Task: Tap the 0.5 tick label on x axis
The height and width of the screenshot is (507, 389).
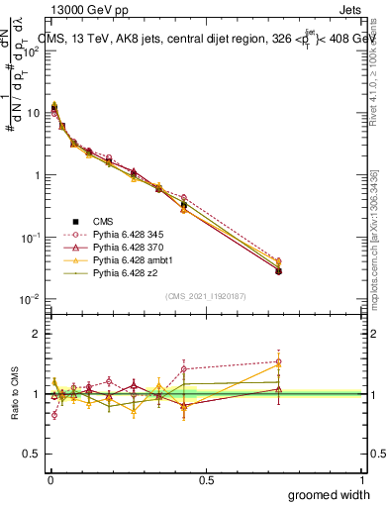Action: (x=206, y=480)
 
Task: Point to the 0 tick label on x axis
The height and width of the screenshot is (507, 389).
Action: (x=49, y=480)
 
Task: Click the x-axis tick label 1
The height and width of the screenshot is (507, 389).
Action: (x=362, y=480)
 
